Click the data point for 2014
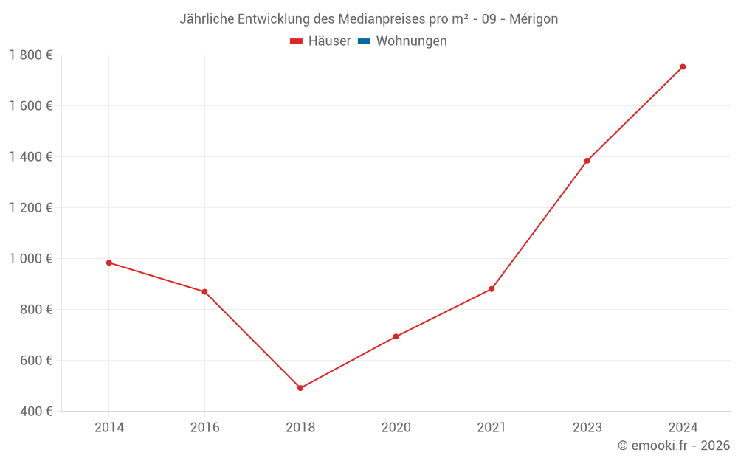click(x=109, y=263)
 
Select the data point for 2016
click(x=204, y=291)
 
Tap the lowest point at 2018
click(x=300, y=388)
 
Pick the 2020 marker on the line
click(x=396, y=336)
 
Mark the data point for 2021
click(x=492, y=289)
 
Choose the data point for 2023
click(x=587, y=161)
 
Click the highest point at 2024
click(x=683, y=67)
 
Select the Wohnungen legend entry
click(x=411, y=41)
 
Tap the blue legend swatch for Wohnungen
click(x=364, y=41)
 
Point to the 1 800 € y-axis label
click(x=31, y=55)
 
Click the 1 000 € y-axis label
click(x=31, y=259)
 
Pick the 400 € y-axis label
click(x=36, y=412)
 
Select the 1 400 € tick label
click(x=31, y=157)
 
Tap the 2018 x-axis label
click(x=300, y=427)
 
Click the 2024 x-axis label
click(x=683, y=427)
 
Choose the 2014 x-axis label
click(x=109, y=427)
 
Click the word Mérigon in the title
click(x=534, y=19)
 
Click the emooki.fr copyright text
click(x=674, y=446)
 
